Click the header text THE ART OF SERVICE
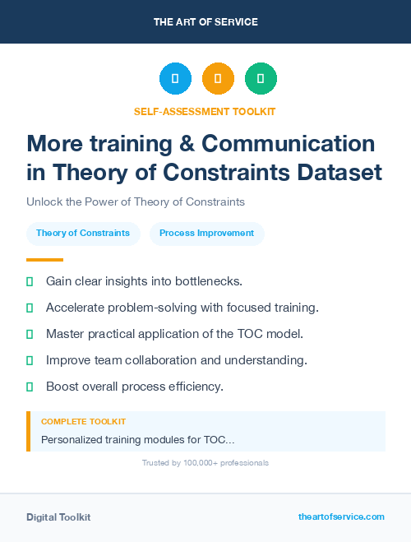pyautogui.click(x=205, y=22)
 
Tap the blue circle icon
pyautogui.click(x=175, y=79)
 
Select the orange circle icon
pyautogui.click(x=218, y=79)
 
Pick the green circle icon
pyautogui.click(x=261, y=79)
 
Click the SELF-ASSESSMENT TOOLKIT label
pyautogui.click(x=205, y=111)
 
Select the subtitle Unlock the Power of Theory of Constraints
pyautogui.click(x=136, y=202)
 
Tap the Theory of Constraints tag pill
pyautogui.click(x=83, y=233)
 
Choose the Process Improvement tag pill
pyautogui.click(x=207, y=233)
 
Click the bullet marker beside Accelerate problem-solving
pyautogui.click(x=30, y=308)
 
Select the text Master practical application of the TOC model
pyautogui.click(x=174, y=334)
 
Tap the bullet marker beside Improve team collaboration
pyautogui.click(x=30, y=360)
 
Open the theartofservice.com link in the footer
pyautogui.click(x=341, y=517)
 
